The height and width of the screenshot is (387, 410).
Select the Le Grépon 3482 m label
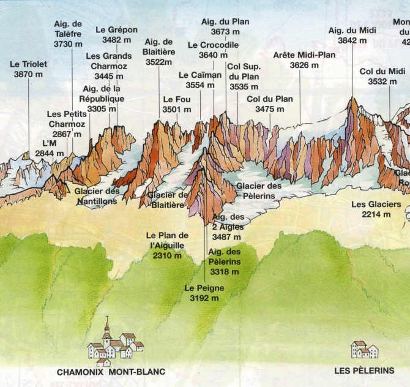(x=116, y=35)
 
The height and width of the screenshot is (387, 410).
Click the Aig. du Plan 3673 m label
(x=225, y=26)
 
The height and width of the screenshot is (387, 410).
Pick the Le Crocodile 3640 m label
(x=213, y=50)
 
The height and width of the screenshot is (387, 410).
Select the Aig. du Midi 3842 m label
(x=352, y=35)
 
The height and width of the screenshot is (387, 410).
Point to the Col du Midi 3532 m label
(x=382, y=77)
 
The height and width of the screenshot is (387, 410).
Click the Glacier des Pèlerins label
(x=259, y=190)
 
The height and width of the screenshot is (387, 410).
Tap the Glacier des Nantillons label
(x=97, y=196)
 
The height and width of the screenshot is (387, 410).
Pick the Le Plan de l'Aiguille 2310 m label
(x=168, y=246)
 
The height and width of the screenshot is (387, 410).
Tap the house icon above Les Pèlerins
(x=364, y=350)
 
